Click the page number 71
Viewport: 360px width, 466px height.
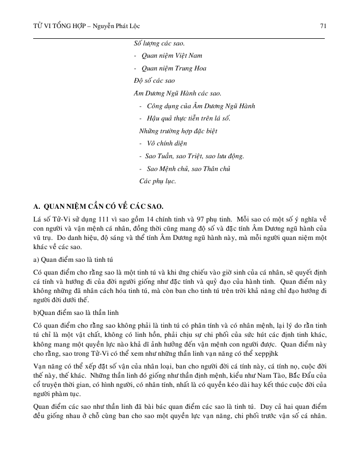coord(323,25)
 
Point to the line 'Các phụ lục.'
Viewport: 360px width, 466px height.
coord(158,181)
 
